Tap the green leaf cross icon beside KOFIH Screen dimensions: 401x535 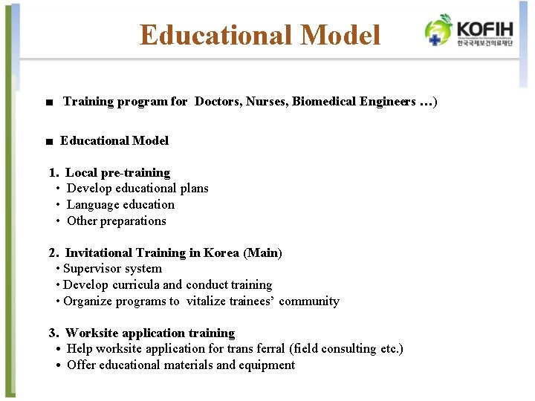[x=438, y=30]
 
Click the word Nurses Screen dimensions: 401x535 [x=266, y=101]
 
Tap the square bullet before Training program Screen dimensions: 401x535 [x=48, y=102]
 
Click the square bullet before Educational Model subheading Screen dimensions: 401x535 [x=48, y=141]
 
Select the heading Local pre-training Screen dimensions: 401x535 [x=117, y=172]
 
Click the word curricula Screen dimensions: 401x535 [x=136, y=284]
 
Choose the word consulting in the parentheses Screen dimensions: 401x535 [x=347, y=348]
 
